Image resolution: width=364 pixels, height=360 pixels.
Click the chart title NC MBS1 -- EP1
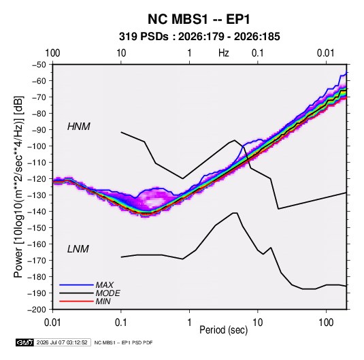[x=199, y=19]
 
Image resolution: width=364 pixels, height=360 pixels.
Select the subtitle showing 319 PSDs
[x=199, y=37]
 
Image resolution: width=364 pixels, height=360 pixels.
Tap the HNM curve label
[x=79, y=127]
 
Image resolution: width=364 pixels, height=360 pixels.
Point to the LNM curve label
[x=78, y=249]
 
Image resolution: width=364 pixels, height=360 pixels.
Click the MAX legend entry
[x=105, y=285]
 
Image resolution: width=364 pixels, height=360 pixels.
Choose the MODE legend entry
[x=107, y=293]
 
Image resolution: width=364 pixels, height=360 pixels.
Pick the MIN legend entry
[x=103, y=301]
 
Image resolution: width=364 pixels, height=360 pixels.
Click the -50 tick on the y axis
[x=39, y=65]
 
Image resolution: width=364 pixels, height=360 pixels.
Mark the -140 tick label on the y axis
[x=37, y=212]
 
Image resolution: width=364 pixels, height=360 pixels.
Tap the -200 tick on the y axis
[x=37, y=310]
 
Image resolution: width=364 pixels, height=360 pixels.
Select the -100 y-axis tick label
[x=37, y=146]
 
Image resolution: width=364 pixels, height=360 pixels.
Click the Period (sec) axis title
[x=224, y=330]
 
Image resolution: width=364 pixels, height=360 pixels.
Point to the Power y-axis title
[x=18, y=186]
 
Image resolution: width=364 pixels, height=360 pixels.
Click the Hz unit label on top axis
[x=224, y=53]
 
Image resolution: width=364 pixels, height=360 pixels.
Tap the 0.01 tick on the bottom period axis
[x=52, y=323]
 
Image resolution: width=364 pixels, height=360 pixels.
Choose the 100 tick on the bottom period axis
[x=326, y=323]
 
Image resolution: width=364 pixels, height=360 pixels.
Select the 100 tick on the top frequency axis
[x=52, y=53]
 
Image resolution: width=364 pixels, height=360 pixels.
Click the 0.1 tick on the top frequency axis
[x=258, y=53]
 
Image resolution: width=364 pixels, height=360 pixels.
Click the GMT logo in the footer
[x=24, y=342]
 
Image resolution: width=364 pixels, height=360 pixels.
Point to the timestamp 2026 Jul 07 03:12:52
[x=62, y=342]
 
